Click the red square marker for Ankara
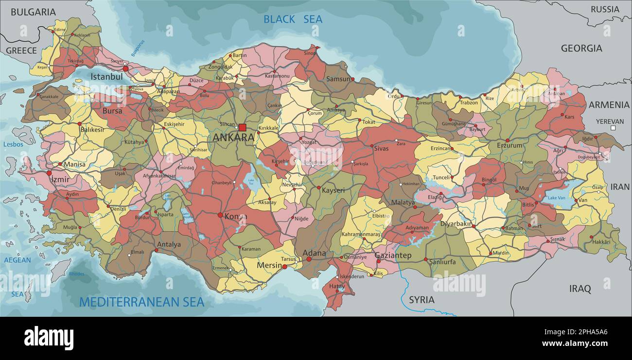tap(242, 128)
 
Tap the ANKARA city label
tap(233, 137)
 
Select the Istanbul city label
tap(106, 77)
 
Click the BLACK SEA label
tap(293, 19)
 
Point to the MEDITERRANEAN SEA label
tap(141, 302)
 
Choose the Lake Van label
tap(556, 198)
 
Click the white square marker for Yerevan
tap(613, 128)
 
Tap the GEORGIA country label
tap(581, 49)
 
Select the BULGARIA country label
tap(33, 12)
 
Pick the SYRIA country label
tap(421, 300)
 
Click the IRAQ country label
tap(580, 289)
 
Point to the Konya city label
tap(235, 217)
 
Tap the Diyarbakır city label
tap(456, 224)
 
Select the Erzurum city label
tap(509, 145)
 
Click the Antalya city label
tap(169, 244)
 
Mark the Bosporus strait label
tap(138, 48)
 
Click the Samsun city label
tap(338, 79)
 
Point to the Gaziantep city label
tap(393, 256)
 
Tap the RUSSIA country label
tap(605, 9)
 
